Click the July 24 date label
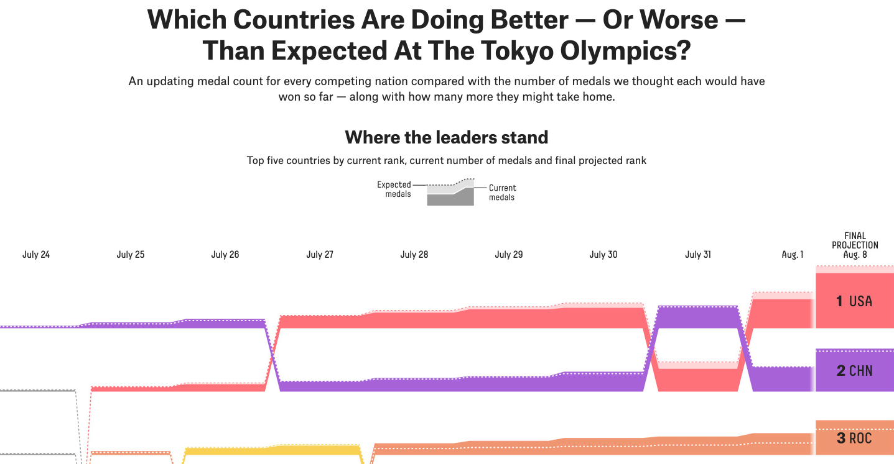coord(36,255)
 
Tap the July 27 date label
coord(320,255)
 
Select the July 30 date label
coord(603,255)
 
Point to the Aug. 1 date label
coord(793,255)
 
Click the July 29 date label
coord(509,255)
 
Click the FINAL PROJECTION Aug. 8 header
coord(855,245)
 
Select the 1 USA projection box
coord(854,301)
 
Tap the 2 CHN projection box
coord(854,371)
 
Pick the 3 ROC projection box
coord(854,439)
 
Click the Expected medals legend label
coord(394,189)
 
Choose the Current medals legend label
coord(502,193)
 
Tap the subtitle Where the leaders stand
coord(447,137)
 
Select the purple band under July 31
coord(697,317)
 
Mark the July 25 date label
coord(131,255)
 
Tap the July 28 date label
coord(414,255)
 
